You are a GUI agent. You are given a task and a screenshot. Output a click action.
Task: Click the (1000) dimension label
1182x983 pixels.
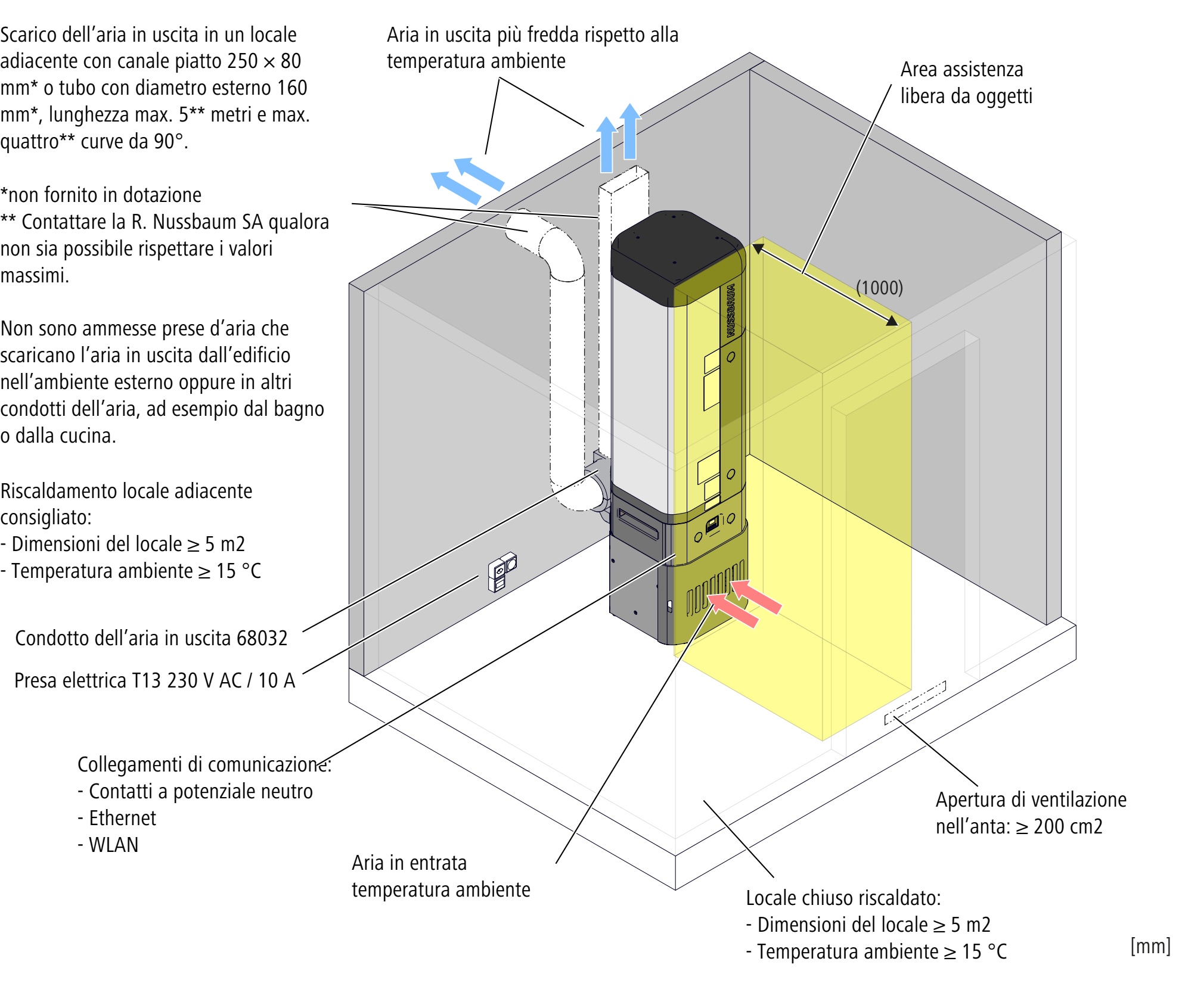(x=879, y=288)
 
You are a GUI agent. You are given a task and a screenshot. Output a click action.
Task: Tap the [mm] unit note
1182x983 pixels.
(x=1150, y=945)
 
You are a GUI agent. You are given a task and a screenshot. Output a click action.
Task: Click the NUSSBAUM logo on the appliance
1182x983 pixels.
(x=731, y=310)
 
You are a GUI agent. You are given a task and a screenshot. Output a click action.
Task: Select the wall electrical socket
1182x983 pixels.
(x=502, y=571)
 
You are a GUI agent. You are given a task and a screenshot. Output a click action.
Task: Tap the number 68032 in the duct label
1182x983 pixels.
(x=262, y=638)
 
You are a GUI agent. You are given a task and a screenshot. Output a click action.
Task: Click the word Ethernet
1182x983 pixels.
(x=122, y=818)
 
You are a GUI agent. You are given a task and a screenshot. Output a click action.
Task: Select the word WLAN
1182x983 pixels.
(x=113, y=845)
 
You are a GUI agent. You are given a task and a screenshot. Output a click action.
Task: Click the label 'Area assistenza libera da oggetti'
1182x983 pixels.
(x=966, y=83)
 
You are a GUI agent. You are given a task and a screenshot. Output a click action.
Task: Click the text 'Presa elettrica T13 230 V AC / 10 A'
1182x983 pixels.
(x=154, y=680)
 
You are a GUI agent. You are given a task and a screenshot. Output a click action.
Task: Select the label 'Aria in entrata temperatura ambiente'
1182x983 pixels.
(x=440, y=876)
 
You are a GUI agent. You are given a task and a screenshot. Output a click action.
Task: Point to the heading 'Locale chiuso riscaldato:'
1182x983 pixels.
(x=843, y=898)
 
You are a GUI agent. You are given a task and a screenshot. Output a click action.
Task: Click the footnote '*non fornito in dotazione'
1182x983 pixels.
(x=101, y=195)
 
